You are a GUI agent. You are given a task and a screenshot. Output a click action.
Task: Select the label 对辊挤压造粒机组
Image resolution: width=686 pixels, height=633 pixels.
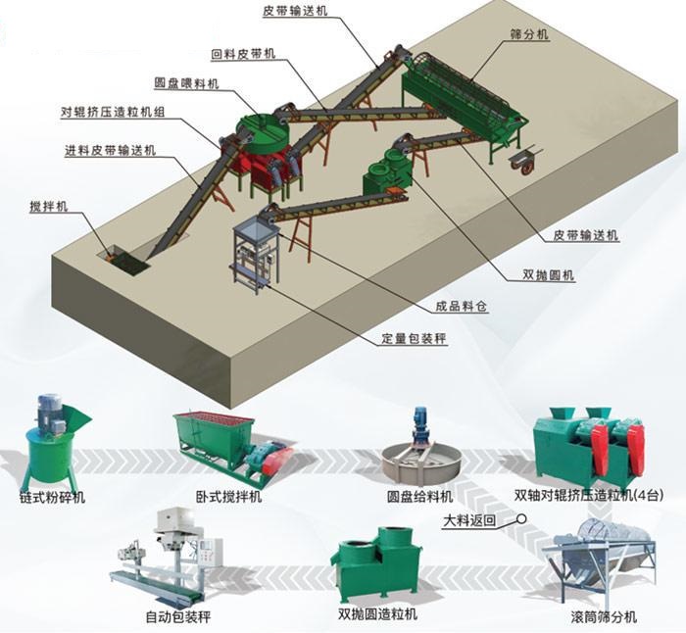112,113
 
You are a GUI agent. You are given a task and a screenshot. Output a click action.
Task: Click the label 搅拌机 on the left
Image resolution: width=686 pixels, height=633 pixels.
49,209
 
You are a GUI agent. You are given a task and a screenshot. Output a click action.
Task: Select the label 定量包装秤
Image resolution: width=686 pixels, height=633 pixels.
414,340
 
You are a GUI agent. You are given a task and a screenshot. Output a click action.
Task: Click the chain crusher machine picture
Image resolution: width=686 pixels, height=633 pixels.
54,443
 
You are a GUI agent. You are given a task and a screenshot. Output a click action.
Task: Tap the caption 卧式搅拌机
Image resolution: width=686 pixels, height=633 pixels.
227,497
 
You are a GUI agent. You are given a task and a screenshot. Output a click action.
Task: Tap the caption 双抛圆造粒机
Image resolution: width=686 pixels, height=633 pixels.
377,613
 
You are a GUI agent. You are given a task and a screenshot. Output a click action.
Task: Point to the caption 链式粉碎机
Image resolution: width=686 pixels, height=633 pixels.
52,497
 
